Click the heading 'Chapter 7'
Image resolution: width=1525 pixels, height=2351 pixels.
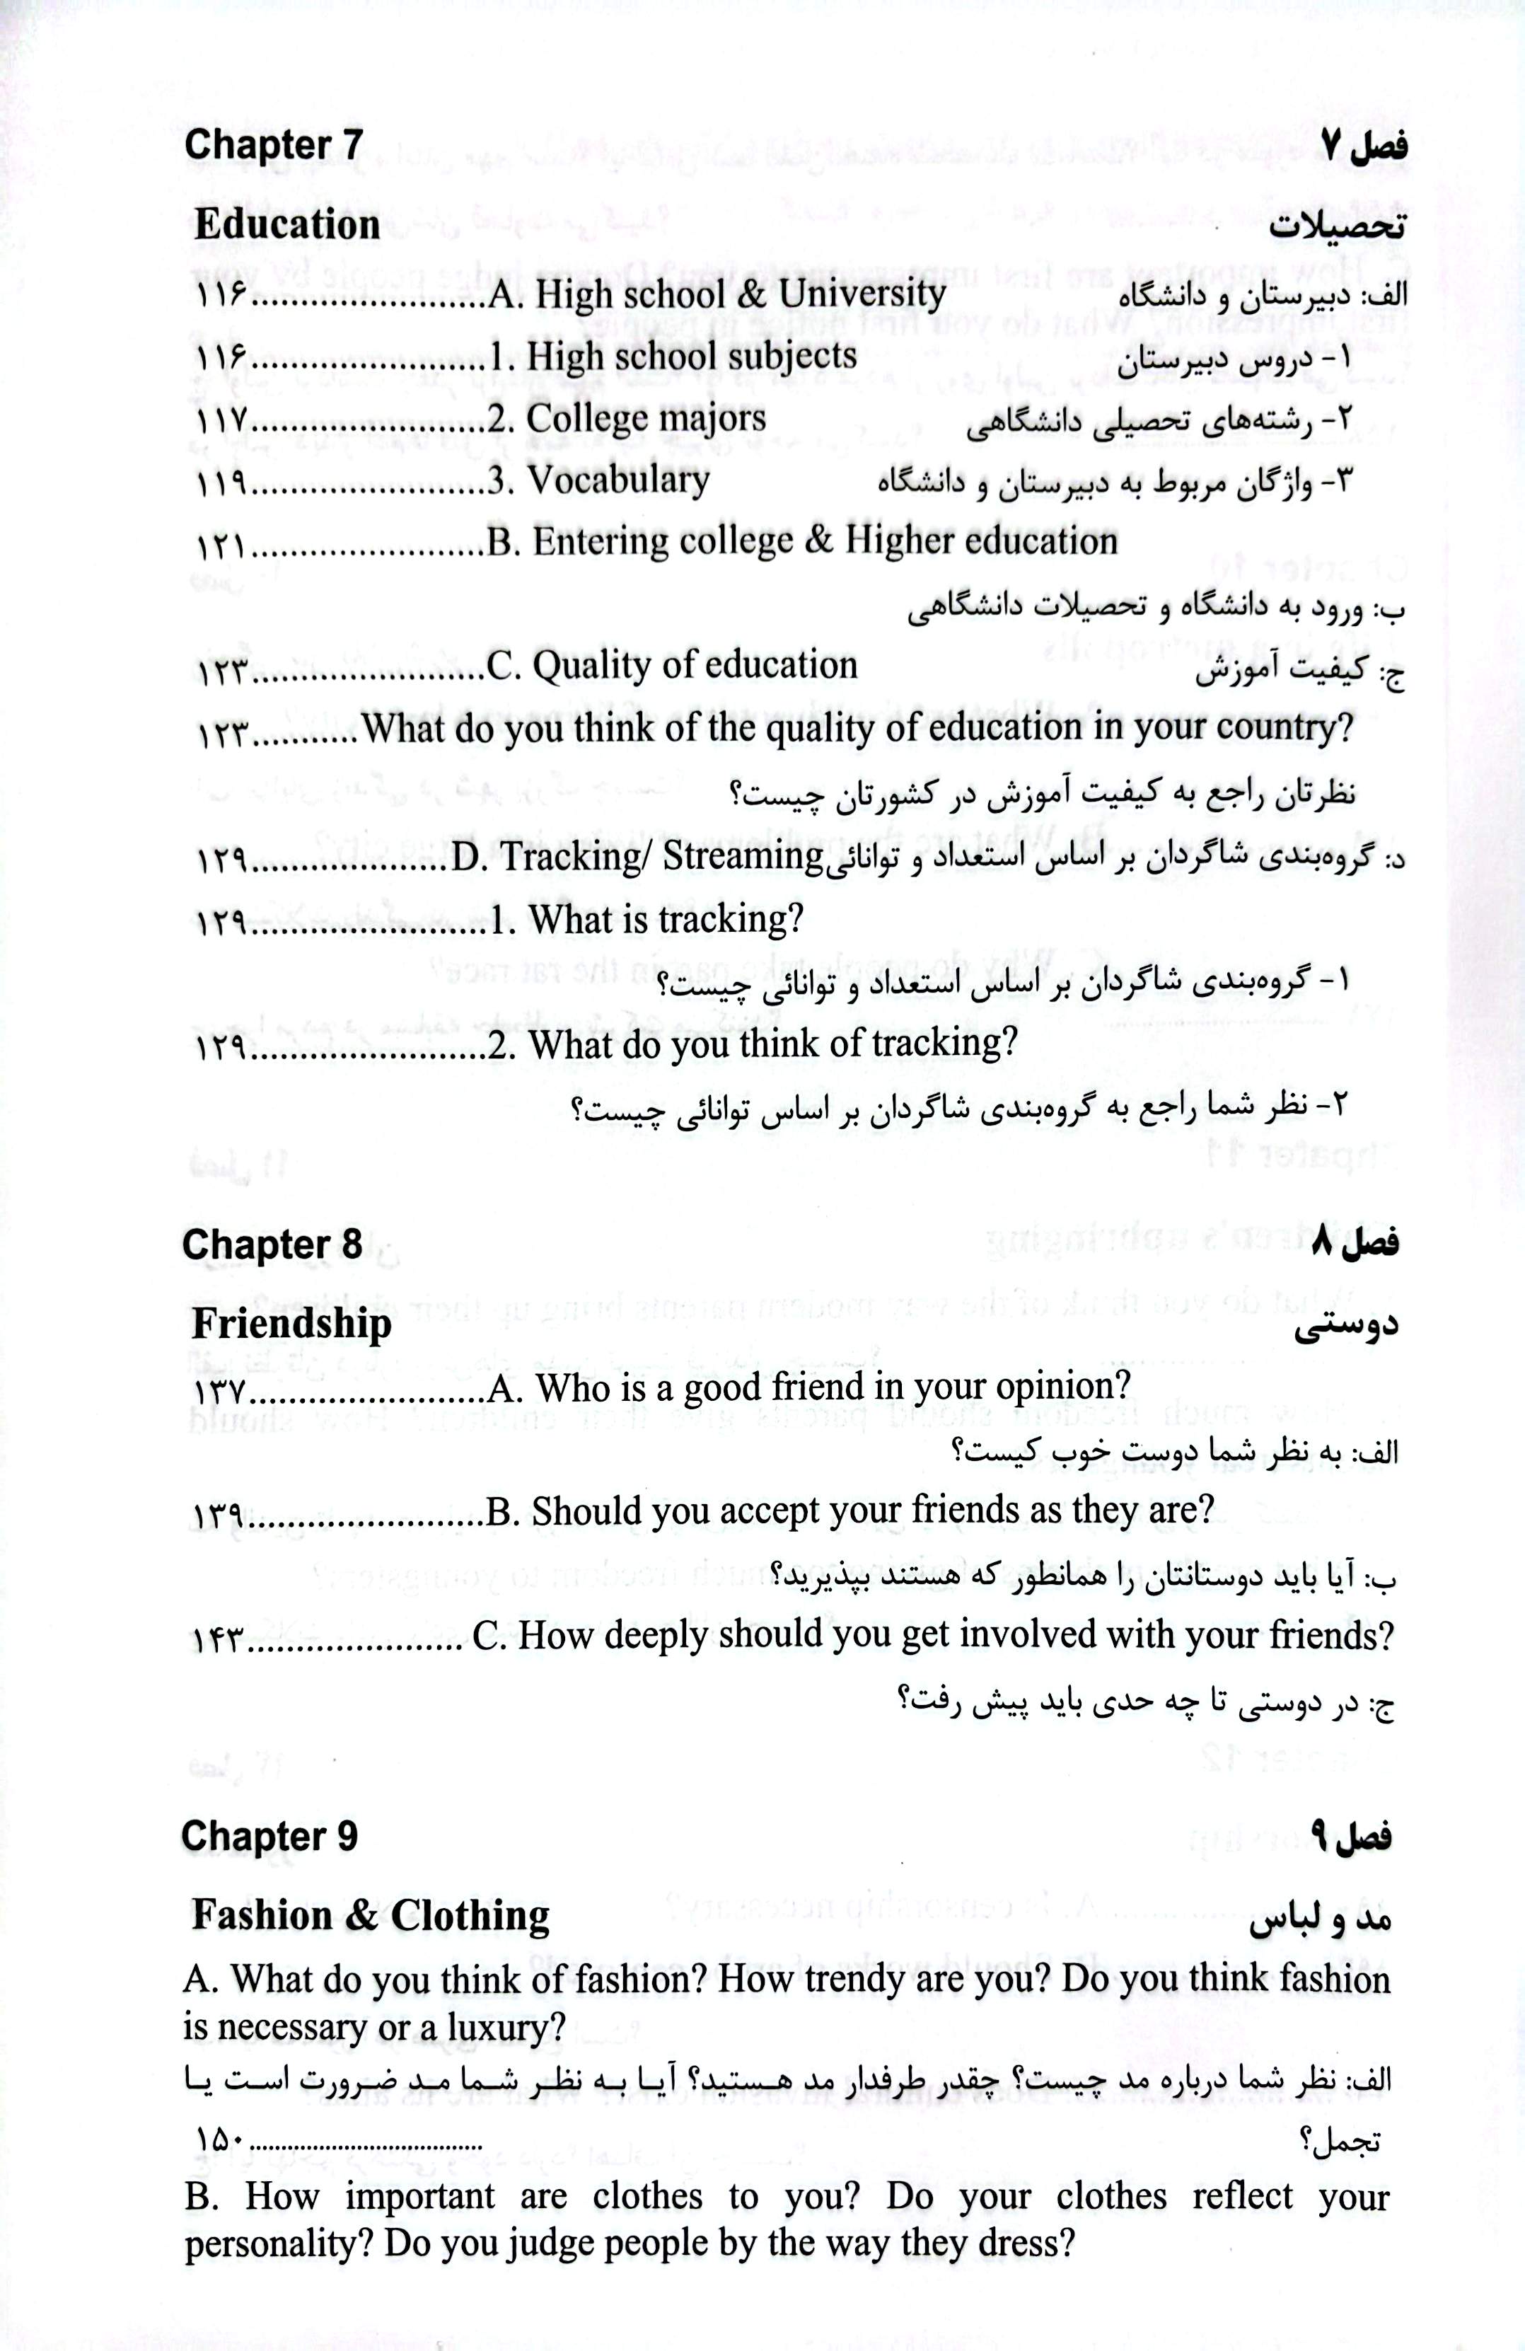pos(274,145)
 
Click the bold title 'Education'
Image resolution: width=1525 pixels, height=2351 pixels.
pos(286,225)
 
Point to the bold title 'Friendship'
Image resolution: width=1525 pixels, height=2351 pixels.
pos(291,1324)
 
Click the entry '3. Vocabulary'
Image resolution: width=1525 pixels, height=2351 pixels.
pos(617,481)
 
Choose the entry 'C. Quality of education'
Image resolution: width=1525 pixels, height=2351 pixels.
pos(673,666)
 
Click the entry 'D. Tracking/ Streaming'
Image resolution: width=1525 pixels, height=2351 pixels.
pos(638,855)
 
